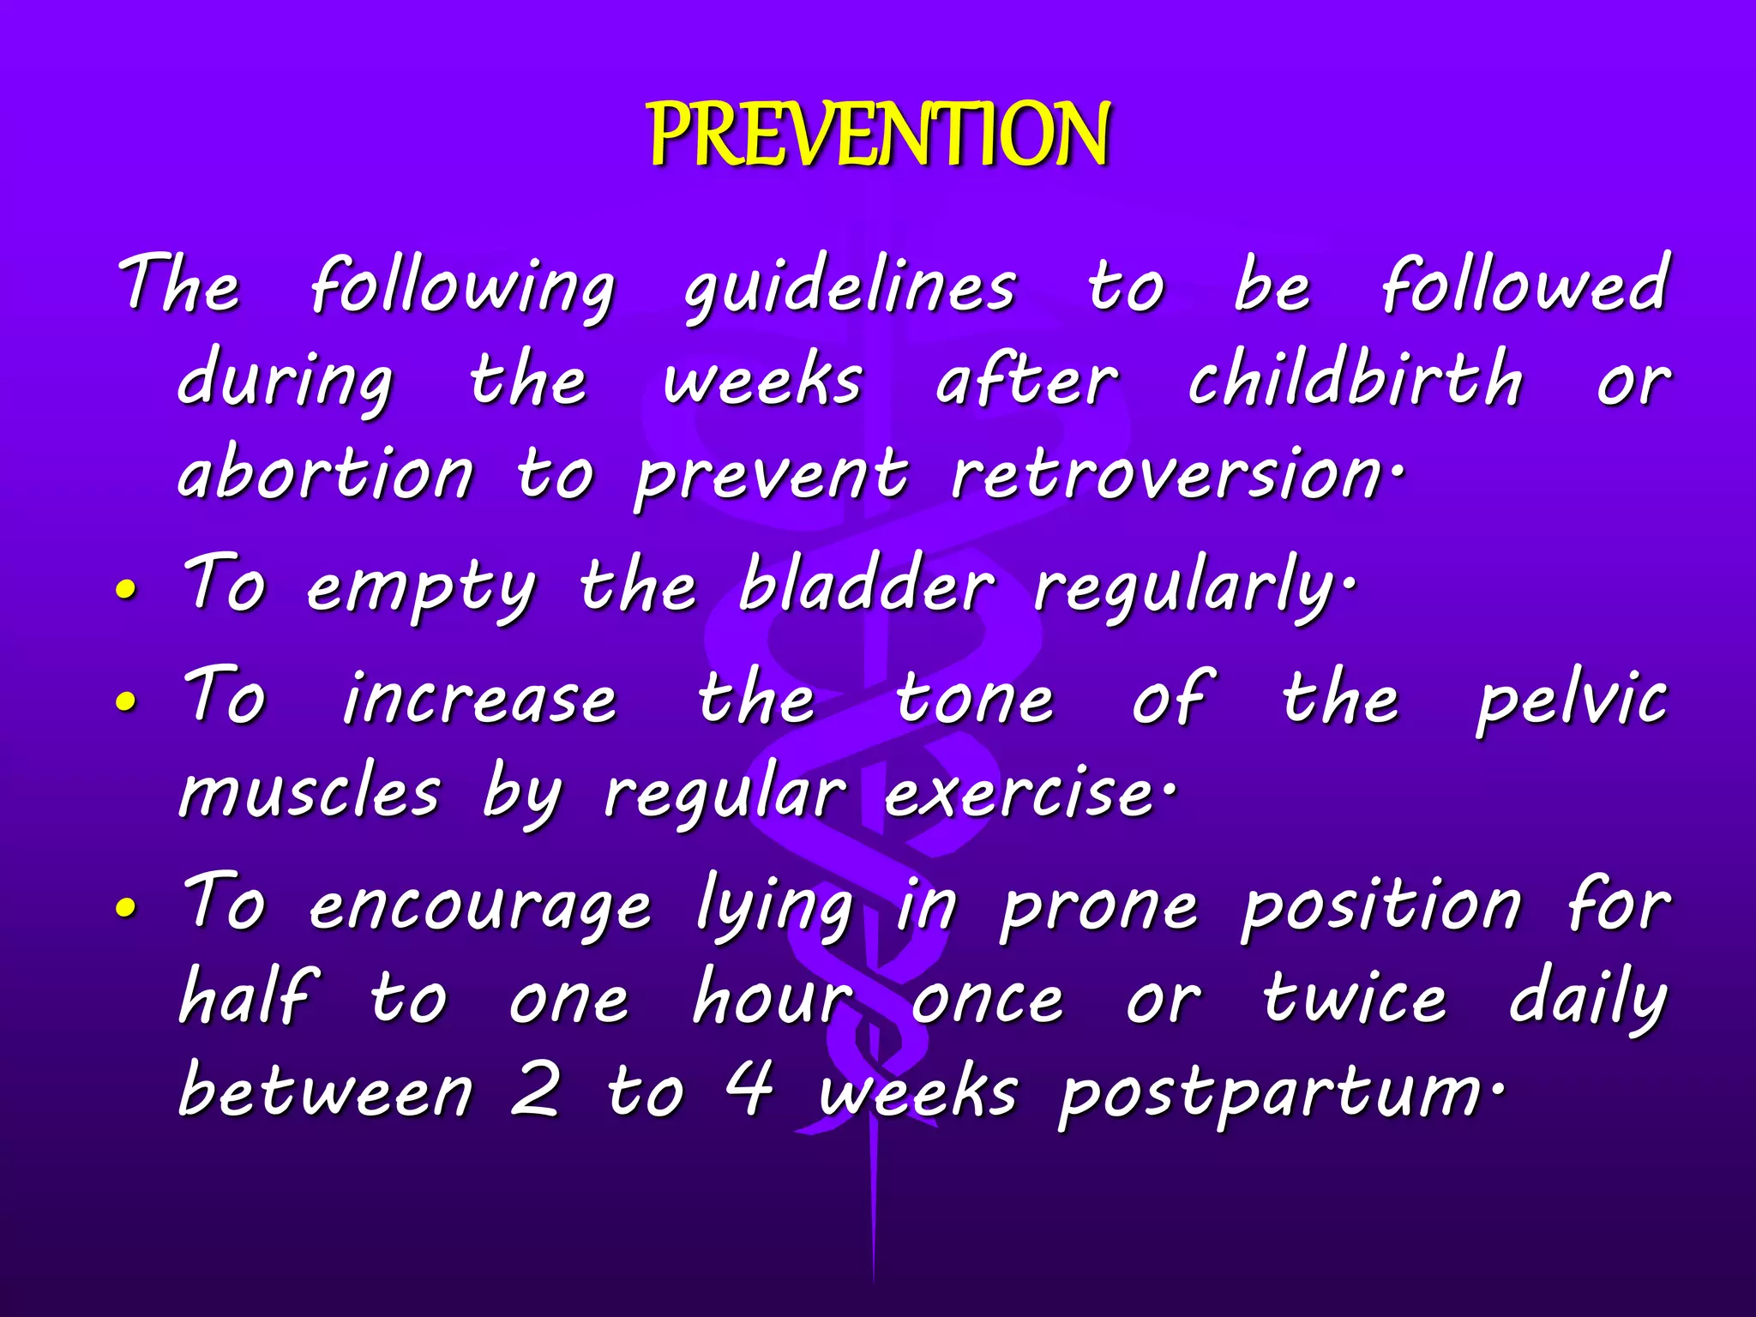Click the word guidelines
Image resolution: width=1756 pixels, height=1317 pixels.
point(850,287)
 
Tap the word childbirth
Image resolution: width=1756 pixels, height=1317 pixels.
point(1355,379)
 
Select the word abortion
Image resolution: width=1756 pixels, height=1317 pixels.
point(325,473)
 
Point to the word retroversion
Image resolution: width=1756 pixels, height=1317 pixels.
point(1166,473)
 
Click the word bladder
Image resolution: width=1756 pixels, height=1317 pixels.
point(866,586)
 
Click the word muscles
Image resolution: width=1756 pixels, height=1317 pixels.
point(310,793)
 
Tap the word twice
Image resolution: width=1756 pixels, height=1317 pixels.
point(1355,1000)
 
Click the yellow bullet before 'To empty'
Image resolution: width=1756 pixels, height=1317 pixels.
point(126,591)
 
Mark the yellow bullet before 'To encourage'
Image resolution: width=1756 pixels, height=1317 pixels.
point(126,909)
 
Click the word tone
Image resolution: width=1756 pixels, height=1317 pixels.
point(974,700)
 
